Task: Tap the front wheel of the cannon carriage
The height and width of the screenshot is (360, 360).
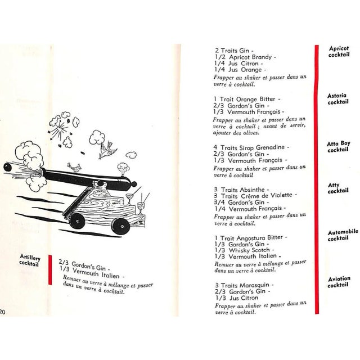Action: tap(118, 225)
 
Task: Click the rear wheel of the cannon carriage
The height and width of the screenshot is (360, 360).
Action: tap(78, 220)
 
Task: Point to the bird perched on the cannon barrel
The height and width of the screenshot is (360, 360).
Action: tap(74, 167)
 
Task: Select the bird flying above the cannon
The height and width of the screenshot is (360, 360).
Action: tap(106, 149)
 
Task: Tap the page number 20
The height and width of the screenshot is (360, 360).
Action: tap(3, 311)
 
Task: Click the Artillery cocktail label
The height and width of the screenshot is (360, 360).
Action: tap(29, 260)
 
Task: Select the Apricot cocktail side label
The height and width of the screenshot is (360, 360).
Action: tap(339, 52)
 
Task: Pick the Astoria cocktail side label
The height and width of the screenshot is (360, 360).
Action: tap(337, 99)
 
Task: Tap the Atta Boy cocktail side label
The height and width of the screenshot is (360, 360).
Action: tap(338, 147)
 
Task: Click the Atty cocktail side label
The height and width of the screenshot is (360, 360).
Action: tap(338, 188)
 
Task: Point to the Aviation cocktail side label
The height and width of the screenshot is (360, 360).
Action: tap(339, 281)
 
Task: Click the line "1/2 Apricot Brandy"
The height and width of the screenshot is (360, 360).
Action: tap(245, 57)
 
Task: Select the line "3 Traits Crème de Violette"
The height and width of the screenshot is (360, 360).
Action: tap(254, 195)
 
